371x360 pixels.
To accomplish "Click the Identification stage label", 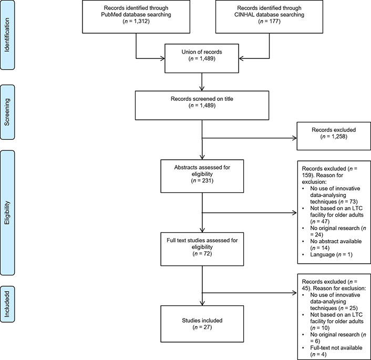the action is click(7, 35).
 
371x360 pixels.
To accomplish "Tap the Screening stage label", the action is click(7, 112).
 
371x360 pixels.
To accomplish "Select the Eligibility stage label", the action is click(7, 212).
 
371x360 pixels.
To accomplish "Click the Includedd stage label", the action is click(7, 304).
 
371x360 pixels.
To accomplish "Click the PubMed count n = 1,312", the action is click(136, 21).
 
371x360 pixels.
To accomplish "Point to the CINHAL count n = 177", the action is click(269, 21).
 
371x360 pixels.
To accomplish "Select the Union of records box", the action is click(202, 58).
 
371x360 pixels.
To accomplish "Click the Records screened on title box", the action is click(202, 105).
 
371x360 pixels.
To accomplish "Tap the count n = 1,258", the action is click(334, 136).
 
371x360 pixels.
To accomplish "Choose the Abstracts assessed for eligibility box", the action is click(202, 176).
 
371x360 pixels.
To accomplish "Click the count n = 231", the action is click(202, 181).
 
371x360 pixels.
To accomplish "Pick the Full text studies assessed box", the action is click(202, 249).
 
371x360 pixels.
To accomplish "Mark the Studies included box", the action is click(202, 324).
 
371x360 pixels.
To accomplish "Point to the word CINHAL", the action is click(244, 14).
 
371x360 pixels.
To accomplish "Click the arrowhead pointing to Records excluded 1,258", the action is click(295, 138).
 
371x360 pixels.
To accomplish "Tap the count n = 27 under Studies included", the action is click(202, 327).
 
